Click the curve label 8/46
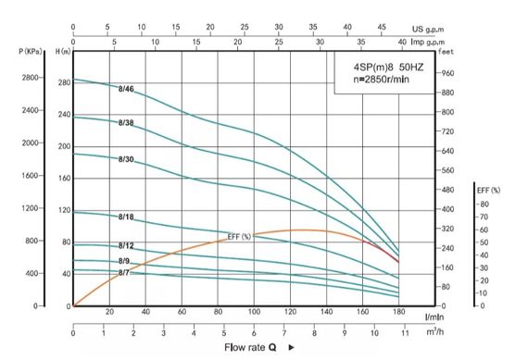[127, 89]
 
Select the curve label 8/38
[127, 123]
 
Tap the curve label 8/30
[127, 160]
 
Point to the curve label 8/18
[127, 217]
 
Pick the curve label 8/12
[127, 245]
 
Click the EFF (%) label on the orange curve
[239, 237]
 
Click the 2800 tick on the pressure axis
[26, 79]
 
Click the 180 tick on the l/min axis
[399, 313]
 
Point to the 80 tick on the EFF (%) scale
[483, 204]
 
